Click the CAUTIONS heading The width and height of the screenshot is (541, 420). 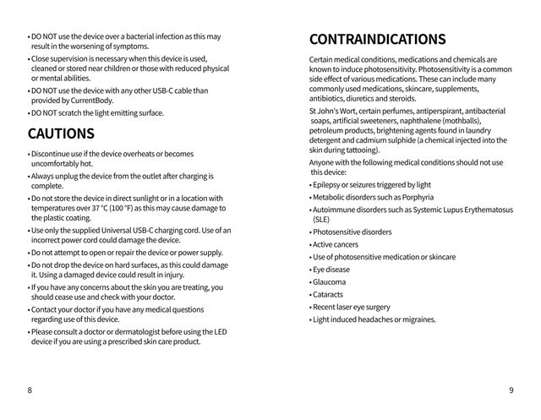tap(61, 134)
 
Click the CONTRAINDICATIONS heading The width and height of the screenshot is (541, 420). tap(377, 39)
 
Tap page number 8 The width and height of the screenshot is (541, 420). tap(30, 390)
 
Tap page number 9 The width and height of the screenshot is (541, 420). tap(511, 390)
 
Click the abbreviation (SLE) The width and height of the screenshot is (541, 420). tap(321, 218)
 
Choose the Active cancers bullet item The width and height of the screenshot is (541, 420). tap(336, 244)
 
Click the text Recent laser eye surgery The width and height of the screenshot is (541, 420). tap(351, 307)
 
